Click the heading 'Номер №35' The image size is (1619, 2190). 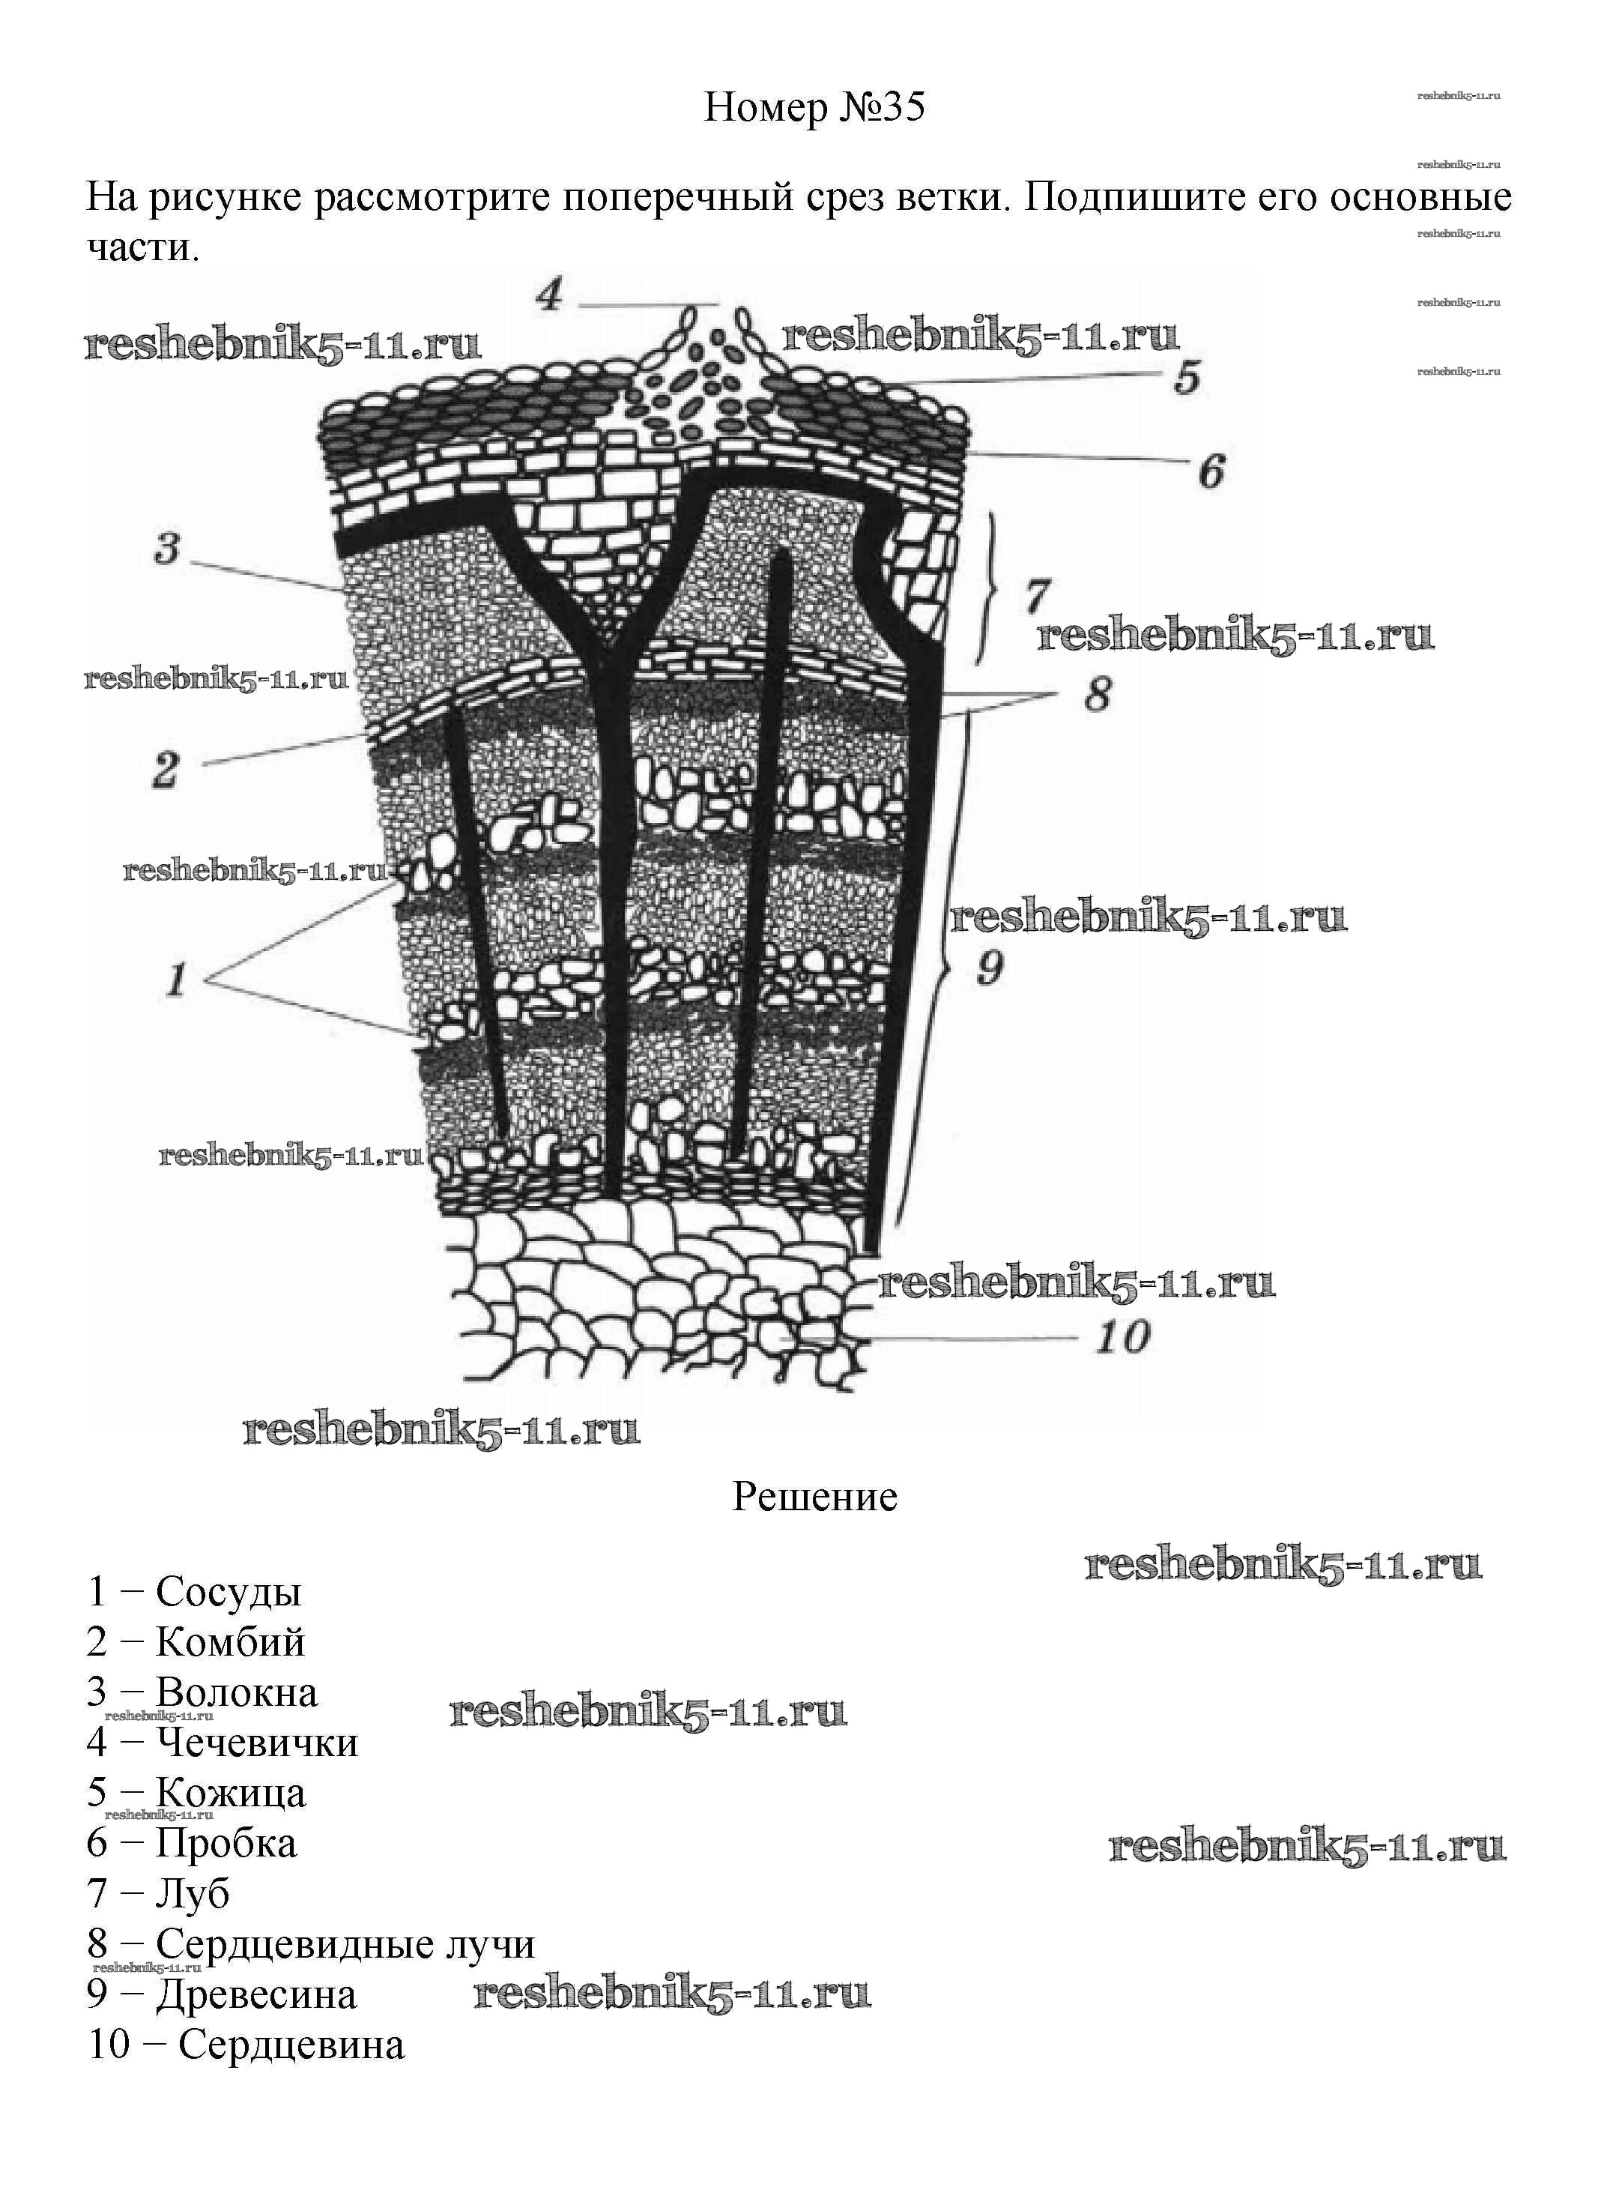coord(814,108)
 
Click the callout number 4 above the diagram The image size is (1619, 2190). coord(550,294)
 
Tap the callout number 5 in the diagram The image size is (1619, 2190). coord(1187,378)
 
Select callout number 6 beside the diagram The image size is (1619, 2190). coord(1212,471)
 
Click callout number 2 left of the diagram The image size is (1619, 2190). coord(166,770)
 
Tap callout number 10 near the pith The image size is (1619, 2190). coord(1123,1337)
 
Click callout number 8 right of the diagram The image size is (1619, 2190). coord(1098,695)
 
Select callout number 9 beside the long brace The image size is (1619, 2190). coord(990,968)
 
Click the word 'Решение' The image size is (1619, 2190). coord(814,1497)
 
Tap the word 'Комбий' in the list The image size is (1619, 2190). coord(230,1642)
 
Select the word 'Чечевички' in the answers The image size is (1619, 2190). coord(258,1743)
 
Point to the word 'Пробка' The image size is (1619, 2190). coord(226,1843)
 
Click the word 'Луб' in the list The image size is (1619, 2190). coord(192,1893)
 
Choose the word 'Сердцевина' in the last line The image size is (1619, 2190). coord(291,2045)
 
